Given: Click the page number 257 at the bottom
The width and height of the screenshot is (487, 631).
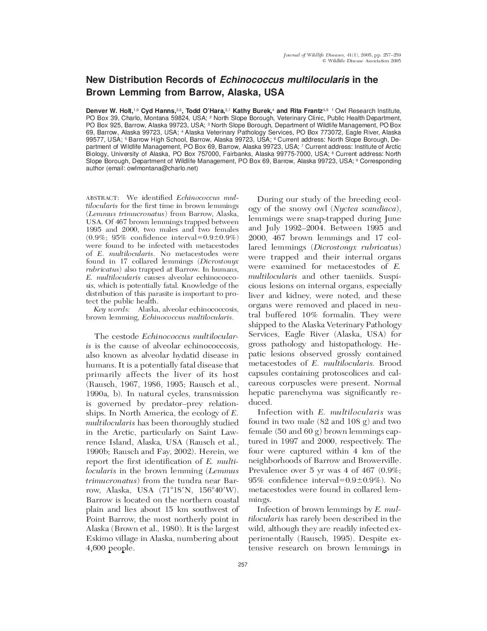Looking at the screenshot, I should click(243, 564).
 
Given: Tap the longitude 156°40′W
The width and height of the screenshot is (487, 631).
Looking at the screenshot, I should click(219, 490).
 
